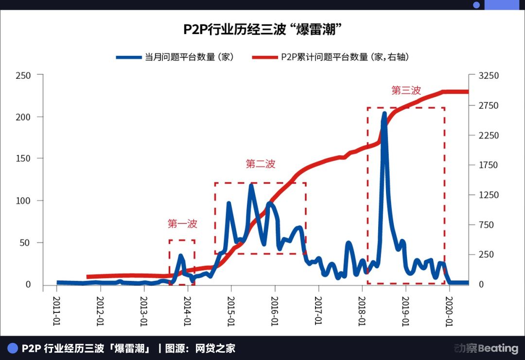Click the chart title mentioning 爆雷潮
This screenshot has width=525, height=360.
tap(262, 29)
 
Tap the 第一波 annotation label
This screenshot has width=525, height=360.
tap(182, 224)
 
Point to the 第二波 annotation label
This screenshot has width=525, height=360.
tap(261, 164)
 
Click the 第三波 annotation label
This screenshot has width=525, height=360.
tap(406, 90)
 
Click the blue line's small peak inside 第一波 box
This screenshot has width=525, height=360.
tap(181, 256)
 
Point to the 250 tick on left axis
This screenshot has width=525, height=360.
tap(23, 75)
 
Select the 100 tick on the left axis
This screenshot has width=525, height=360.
tap(23, 201)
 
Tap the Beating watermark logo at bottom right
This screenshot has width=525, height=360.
tap(486, 348)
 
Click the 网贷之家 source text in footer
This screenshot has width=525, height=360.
tap(215, 348)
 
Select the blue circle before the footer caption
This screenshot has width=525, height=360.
tap(12, 348)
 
